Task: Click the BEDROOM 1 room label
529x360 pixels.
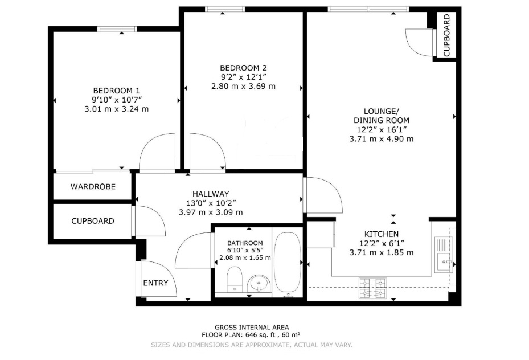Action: pos(116,91)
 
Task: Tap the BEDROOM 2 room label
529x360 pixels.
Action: pos(243,68)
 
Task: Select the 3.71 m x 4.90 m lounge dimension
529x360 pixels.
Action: pos(382,138)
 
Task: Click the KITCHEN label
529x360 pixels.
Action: pos(382,234)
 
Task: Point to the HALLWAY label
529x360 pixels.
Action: pos(211,194)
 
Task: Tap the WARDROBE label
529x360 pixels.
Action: pos(93,187)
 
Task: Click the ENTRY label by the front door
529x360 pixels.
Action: pos(155,283)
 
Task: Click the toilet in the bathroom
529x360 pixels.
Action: pos(235,279)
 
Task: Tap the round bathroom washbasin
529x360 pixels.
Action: pos(259,283)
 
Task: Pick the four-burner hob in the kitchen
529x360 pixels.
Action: pos(372,288)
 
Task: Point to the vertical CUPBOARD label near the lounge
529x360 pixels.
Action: pos(446,35)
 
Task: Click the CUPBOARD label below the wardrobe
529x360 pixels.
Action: pos(93,221)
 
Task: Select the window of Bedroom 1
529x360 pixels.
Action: pos(117,29)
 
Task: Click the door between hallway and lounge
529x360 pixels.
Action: pos(322,195)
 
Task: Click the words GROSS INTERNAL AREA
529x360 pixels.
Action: pos(252,328)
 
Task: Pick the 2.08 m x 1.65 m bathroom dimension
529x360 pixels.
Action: pos(245,258)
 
